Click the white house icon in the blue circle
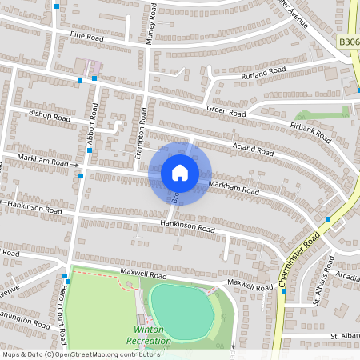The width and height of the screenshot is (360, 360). point(180,173)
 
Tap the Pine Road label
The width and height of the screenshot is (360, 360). point(87,36)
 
